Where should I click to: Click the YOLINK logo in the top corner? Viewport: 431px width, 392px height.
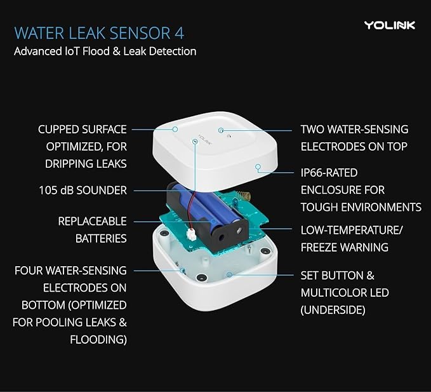(x=389, y=25)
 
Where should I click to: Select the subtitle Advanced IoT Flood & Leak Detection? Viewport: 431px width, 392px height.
(x=105, y=51)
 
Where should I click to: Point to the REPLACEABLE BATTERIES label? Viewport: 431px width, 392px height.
(x=92, y=230)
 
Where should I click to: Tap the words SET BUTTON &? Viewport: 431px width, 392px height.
(x=337, y=276)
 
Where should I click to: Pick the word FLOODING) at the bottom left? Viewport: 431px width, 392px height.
(x=98, y=340)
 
